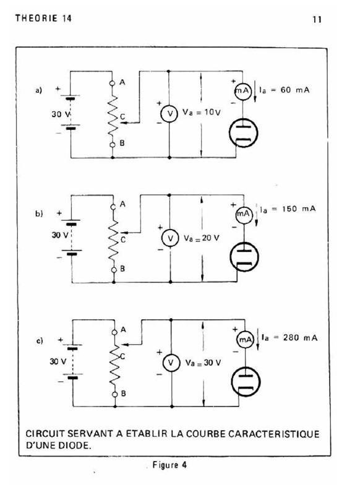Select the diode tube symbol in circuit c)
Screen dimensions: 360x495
point(246,381)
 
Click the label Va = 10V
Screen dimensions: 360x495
point(201,112)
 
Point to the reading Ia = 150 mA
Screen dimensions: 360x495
point(288,209)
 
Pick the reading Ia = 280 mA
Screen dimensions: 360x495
point(289,338)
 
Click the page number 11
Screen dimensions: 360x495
point(317,19)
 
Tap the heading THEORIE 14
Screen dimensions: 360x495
point(43,18)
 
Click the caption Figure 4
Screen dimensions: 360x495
point(169,465)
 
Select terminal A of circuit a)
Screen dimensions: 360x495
point(112,83)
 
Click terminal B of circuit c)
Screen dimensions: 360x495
point(115,394)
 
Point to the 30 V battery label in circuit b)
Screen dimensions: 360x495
point(60,235)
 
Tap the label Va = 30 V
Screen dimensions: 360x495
point(203,363)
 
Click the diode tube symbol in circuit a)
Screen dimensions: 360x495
point(243,132)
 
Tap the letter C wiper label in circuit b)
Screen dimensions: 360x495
point(122,240)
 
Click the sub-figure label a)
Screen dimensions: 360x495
point(38,90)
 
